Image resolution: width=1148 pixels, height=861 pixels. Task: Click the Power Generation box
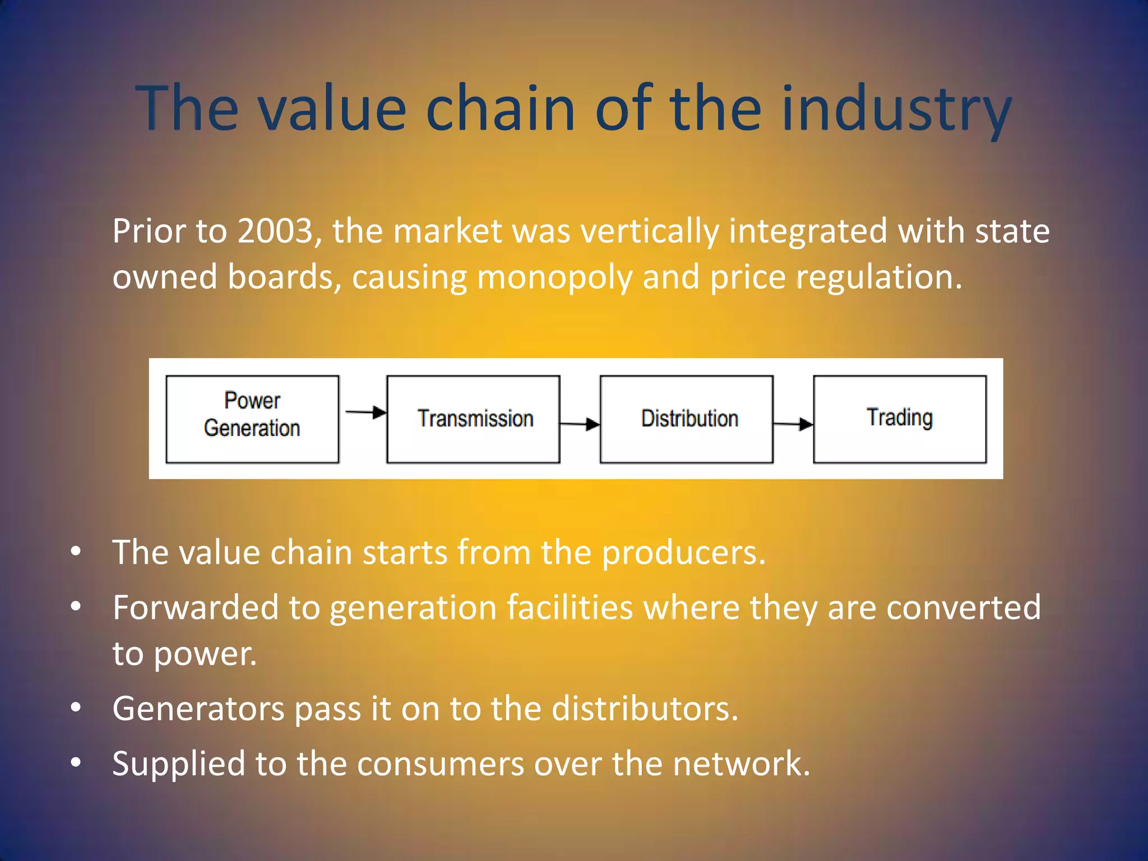click(x=252, y=419)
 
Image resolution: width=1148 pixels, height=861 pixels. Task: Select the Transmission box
click(x=473, y=419)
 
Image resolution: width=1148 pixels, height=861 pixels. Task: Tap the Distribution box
click(x=686, y=419)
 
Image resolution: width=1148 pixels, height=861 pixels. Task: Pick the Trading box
click(x=899, y=419)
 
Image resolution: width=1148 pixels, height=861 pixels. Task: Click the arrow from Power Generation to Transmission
click(x=365, y=413)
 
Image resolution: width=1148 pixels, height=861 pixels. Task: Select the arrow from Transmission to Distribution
click(x=580, y=424)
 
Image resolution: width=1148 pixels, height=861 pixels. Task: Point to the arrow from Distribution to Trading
click(x=793, y=424)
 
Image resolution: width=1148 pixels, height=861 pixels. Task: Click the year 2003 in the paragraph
click(x=275, y=231)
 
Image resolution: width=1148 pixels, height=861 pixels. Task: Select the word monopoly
click(x=554, y=277)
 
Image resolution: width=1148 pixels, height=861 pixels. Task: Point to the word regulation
click(x=879, y=277)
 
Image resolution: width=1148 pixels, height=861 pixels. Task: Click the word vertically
click(x=649, y=231)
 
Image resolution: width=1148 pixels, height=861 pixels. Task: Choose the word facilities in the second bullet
click(x=570, y=608)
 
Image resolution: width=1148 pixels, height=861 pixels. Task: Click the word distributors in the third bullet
click(x=645, y=709)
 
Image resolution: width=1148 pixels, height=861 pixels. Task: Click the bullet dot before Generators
click(x=76, y=707)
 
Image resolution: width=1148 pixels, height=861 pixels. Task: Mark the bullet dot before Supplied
click(x=76, y=762)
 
